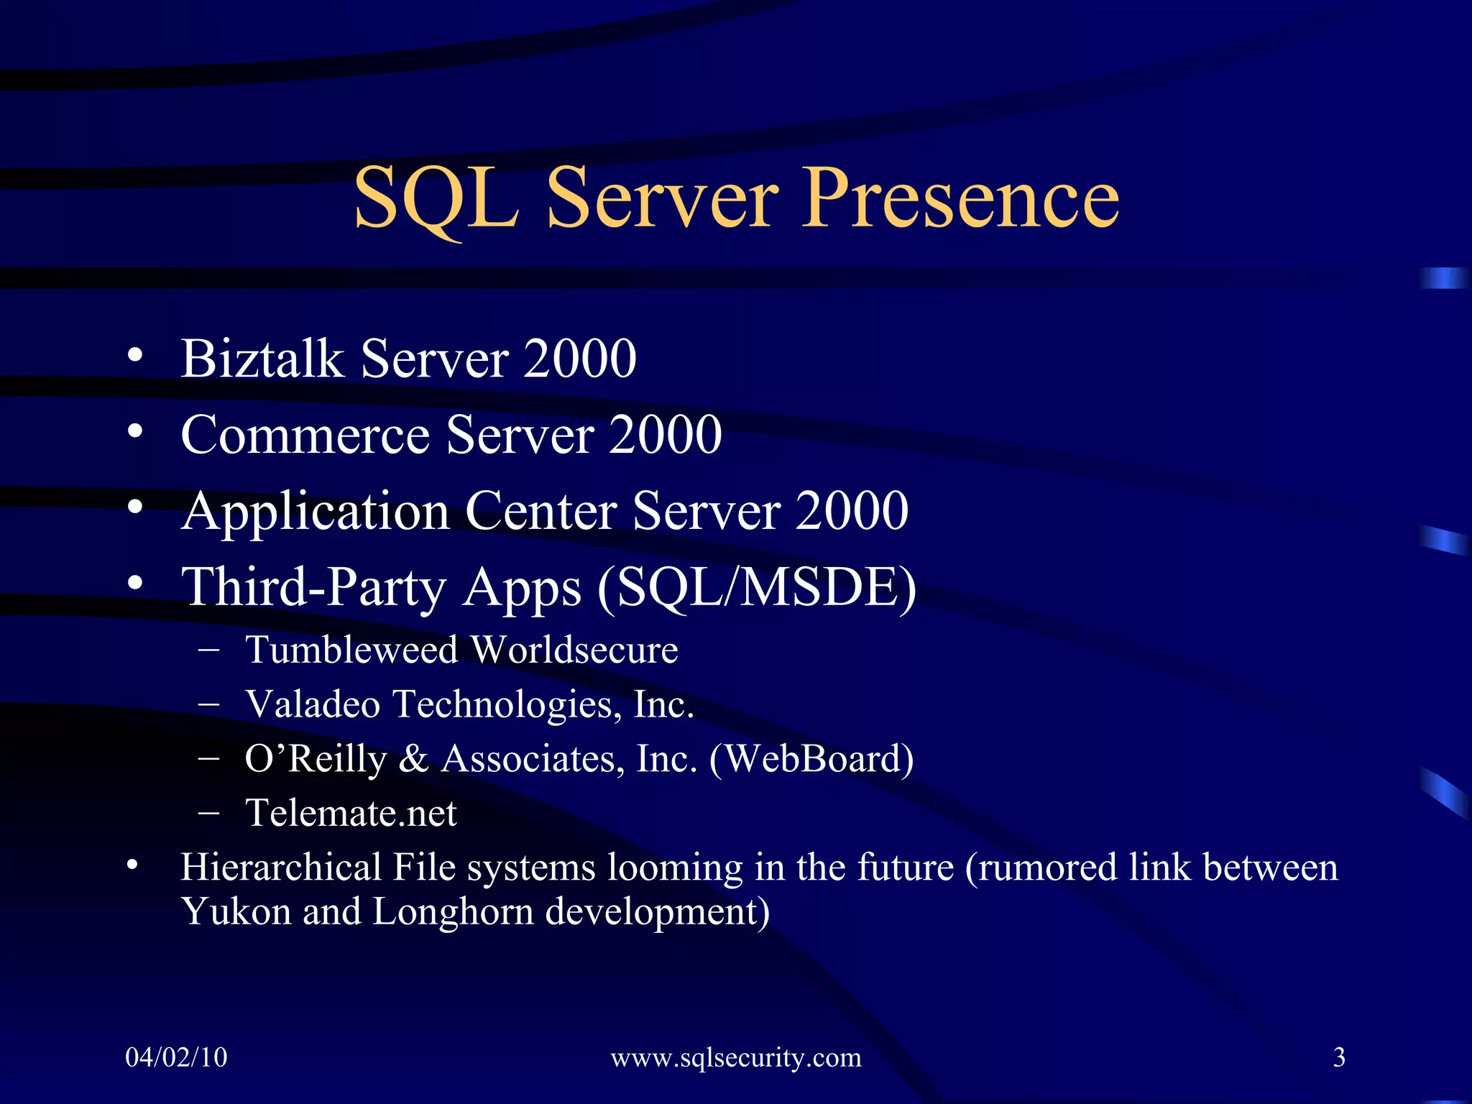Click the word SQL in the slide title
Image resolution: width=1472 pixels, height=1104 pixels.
point(436,198)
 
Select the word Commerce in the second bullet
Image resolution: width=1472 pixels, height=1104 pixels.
point(305,435)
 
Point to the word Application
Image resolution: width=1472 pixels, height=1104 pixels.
point(316,512)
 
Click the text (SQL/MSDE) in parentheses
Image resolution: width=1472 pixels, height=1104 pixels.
point(757,588)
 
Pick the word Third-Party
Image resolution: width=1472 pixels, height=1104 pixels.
point(313,588)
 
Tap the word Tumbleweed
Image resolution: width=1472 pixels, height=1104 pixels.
point(351,650)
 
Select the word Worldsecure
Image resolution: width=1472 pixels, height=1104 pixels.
point(574,650)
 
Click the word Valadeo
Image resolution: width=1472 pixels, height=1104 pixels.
point(312,704)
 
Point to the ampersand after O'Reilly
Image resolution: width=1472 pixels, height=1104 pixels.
point(413,759)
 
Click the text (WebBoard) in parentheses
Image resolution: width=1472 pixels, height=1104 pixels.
point(811,759)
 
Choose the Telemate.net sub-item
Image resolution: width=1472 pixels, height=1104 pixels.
point(351,813)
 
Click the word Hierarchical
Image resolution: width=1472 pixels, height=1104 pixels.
point(280,867)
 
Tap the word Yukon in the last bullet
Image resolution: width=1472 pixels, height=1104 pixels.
point(235,911)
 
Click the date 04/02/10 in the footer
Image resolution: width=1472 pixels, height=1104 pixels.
point(176,1057)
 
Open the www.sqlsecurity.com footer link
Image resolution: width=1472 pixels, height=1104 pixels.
point(735,1057)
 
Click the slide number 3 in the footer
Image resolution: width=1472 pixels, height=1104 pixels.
point(1338,1057)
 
